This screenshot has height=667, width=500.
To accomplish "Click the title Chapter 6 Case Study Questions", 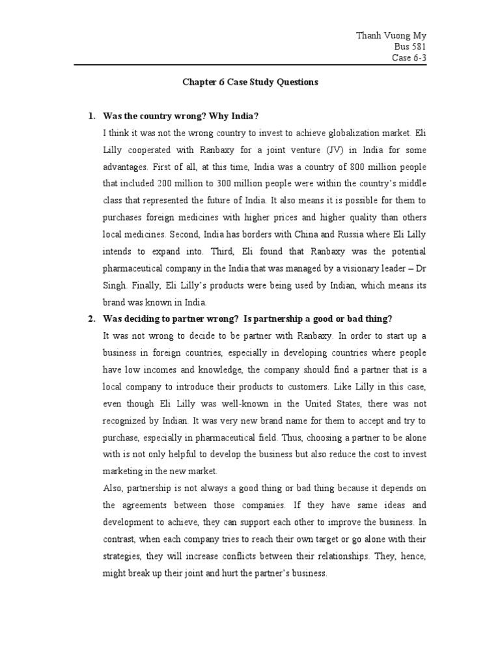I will [249, 83].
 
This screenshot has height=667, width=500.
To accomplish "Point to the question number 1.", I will [91, 117].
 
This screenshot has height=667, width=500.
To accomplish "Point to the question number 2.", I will [91, 319].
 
